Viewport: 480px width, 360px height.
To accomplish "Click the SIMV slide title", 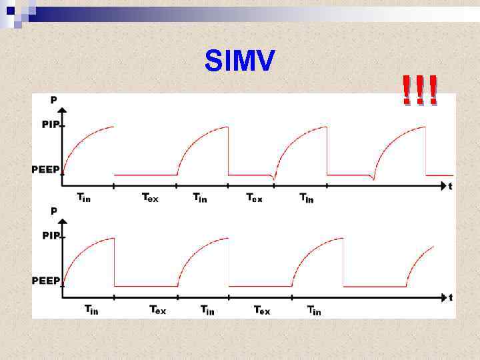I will click(x=240, y=62).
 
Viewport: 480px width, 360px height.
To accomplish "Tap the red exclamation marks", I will click(x=420, y=91).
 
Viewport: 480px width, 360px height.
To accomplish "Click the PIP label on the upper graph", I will click(x=50, y=124).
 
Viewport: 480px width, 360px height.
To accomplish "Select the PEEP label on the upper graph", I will click(x=45, y=169).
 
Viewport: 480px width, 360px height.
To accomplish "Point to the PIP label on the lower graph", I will click(x=51, y=236).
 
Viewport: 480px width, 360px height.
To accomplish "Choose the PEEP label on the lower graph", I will click(x=46, y=281).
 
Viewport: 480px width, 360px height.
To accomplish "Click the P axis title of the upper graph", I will click(x=54, y=100).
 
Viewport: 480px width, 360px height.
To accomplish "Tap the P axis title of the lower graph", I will click(x=54, y=211).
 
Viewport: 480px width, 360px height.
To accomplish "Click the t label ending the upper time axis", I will click(x=450, y=187).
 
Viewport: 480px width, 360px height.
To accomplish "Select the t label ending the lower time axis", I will click(x=451, y=297).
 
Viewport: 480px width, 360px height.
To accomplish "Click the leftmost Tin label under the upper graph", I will click(x=84, y=197).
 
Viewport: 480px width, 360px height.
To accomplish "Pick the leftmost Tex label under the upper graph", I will click(x=150, y=197).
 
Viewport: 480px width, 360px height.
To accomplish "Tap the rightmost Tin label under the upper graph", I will click(x=306, y=198).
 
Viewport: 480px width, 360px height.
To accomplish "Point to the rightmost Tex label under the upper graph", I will click(x=254, y=198).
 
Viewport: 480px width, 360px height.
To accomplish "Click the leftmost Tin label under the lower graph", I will click(x=91, y=309).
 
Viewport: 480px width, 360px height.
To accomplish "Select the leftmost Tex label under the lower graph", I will click(x=157, y=309).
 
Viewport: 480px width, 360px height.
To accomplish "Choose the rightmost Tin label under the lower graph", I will click(x=313, y=310).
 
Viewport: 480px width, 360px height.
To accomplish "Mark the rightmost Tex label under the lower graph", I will click(x=262, y=310).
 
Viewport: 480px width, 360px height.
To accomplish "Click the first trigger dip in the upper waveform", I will click(x=274, y=178).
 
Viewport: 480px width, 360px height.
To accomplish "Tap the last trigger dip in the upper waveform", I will click(x=373, y=178).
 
